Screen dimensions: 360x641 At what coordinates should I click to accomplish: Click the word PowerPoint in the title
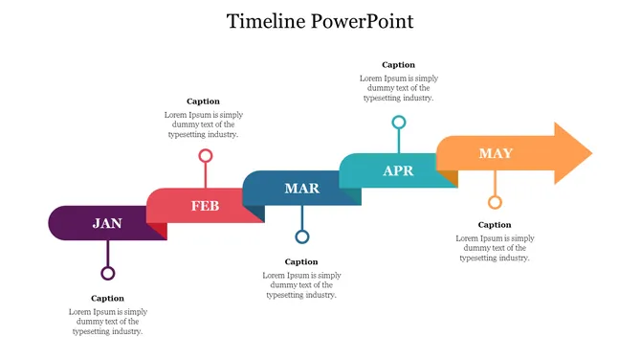pyautogui.click(x=363, y=21)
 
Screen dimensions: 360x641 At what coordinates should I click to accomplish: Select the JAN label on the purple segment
pyautogui.click(x=107, y=223)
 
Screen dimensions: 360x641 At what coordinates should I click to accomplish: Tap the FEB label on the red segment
pyautogui.click(x=205, y=206)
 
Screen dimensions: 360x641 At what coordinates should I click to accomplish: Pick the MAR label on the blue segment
pyautogui.click(x=301, y=189)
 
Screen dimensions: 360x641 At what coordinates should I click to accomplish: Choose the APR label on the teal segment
pyautogui.click(x=398, y=171)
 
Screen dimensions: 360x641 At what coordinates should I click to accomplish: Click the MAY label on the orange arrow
pyautogui.click(x=496, y=153)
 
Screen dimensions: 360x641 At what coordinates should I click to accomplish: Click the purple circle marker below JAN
pyautogui.click(x=108, y=273)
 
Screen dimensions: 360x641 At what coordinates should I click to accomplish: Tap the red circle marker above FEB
pyautogui.click(x=205, y=155)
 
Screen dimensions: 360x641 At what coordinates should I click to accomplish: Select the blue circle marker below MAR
pyautogui.click(x=302, y=236)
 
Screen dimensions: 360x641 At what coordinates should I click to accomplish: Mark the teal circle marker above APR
pyautogui.click(x=399, y=122)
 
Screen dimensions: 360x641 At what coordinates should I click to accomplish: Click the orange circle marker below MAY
pyautogui.click(x=495, y=202)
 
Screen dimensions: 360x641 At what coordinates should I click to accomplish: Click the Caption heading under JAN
pyautogui.click(x=108, y=298)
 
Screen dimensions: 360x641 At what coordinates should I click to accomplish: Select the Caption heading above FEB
pyautogui.click(x=203, y=101)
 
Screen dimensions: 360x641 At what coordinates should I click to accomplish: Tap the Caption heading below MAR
pyautogui.click(x=301, y=261)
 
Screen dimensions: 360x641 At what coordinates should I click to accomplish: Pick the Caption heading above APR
pyautogui.click(x=398, y=65)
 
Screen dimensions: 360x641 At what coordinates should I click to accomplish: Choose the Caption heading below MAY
pyautogui.click(x=495, y=225)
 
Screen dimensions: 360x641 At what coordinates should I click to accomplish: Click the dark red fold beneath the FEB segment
pyautogui.click(x=160, y=230)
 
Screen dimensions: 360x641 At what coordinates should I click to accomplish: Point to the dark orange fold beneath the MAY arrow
pyautogui.click(x=451, y=178)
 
